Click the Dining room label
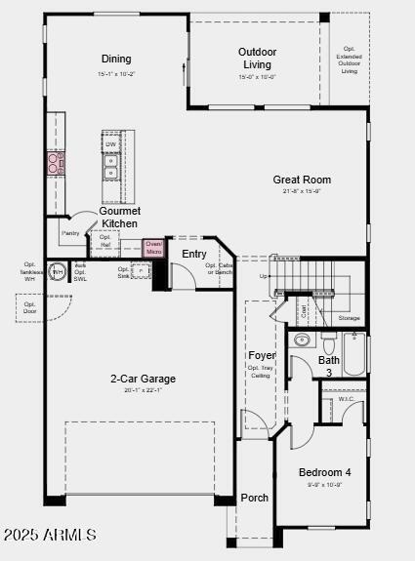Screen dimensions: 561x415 point(116,60)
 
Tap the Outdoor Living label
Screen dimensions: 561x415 point(257,58)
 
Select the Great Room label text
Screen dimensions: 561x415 point(302,180)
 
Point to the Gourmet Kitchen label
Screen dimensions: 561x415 point(120,218)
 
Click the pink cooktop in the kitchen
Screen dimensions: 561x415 point(55,163)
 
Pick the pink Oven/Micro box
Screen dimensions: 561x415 point(154,248)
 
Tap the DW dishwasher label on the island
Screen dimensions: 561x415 point(110,144)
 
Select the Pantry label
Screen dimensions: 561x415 point(70,233)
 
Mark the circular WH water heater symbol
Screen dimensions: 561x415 point(58,271)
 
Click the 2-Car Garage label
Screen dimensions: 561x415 point(143,379)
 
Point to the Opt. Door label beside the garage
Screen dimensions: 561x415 point(30,307)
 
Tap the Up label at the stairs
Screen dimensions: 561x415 point(264,276)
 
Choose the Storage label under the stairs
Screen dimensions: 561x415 point(349,318)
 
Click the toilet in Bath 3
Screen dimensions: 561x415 point(329,344)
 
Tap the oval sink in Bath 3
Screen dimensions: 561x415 point(302,341)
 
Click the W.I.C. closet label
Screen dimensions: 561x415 point(347,399)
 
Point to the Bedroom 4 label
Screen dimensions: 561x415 point(324,472)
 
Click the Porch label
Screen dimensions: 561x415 point(255,498)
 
